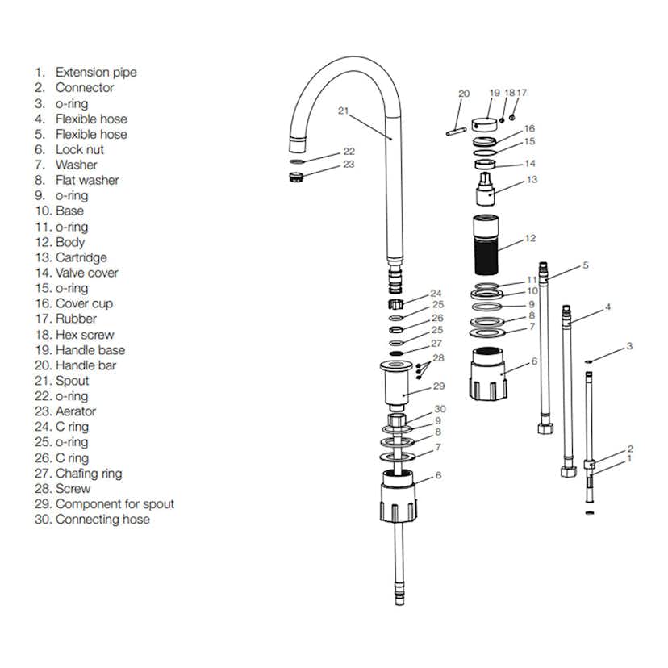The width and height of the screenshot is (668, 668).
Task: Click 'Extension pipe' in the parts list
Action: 95,73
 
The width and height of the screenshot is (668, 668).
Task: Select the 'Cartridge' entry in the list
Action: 81,257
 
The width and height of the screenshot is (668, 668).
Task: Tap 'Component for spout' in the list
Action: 115,504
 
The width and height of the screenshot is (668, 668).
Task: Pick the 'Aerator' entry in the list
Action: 75,411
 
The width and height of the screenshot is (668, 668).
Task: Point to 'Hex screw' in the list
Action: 85,335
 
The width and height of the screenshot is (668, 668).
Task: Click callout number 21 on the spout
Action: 343,111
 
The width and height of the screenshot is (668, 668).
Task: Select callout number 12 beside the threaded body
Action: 530,238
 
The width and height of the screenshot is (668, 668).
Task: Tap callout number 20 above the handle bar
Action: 463,94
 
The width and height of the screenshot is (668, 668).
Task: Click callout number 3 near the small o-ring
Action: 629,347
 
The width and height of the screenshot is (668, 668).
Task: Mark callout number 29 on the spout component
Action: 439,386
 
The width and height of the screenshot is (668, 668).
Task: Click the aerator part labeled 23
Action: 296,177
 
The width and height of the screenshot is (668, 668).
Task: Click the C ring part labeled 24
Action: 396,304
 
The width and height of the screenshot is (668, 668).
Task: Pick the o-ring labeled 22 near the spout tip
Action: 296,161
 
